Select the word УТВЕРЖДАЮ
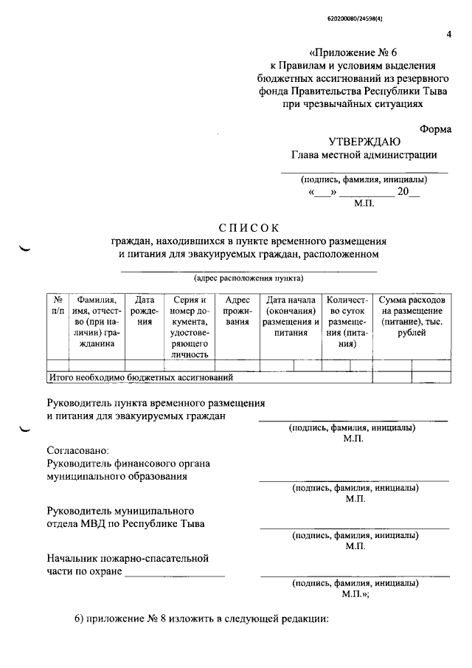[x=365, y=141]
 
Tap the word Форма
[x=437, y=127]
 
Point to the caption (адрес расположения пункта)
[x=249, y=279]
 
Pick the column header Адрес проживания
[x=237, y=311]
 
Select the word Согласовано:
[x=77, y=450]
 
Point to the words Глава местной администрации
[x=364, y=155]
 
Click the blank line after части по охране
[x=175, y=572]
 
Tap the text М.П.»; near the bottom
[x=355, y=593]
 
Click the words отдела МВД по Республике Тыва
[x=125, y=524]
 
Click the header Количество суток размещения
[x=347, y=322]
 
